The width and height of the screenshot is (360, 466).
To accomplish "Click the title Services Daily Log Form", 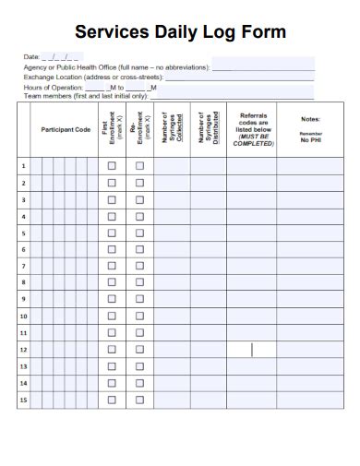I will coord(179,31).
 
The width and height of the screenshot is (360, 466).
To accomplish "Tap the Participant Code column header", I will coord(66,129).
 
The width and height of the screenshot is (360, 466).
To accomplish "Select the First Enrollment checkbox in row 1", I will coord(111,166).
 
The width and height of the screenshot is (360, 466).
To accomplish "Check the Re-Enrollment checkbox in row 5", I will coord(139,233).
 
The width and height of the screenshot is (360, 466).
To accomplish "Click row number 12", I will coord(23,349).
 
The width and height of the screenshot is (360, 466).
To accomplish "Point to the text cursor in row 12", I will coord(251,349).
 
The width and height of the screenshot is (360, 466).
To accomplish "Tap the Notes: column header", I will coord(310,119).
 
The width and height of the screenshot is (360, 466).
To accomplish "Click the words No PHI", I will coord(310,139).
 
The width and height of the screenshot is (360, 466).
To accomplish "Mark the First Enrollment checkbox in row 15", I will coord(111,400).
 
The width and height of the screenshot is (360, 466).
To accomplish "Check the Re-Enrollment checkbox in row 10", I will coord(139,316).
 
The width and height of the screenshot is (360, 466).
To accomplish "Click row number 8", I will coord(23,282).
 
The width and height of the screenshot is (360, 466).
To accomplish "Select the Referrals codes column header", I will coord(253,129).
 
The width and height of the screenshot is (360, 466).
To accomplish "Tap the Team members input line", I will coord(231,95).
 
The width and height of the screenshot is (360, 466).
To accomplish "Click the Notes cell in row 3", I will coord(310,199).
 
